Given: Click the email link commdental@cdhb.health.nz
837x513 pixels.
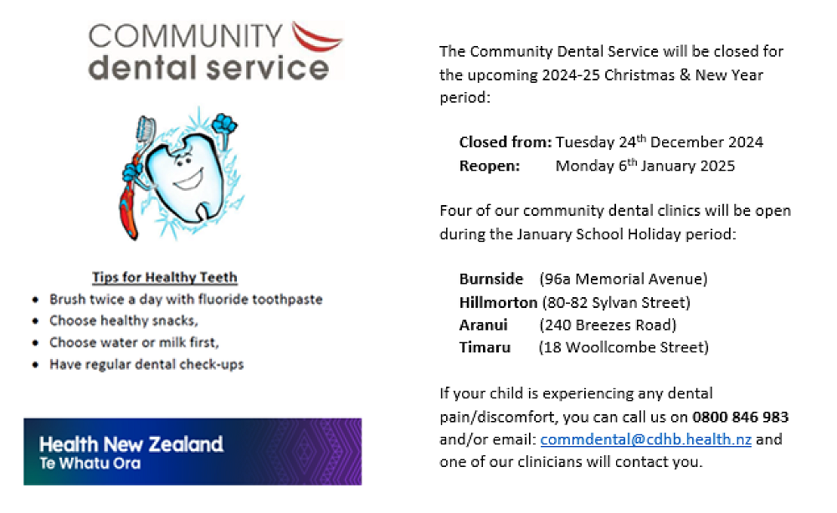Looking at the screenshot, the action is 646,439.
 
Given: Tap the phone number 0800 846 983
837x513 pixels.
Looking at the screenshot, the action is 741,417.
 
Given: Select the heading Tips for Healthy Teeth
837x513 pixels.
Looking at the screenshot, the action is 164,278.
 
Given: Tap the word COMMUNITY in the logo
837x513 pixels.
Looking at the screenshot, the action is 185,36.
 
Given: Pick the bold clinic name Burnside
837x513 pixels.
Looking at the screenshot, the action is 491,280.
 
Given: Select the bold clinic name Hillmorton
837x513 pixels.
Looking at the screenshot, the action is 498,303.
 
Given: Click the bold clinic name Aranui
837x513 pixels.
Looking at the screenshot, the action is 483,325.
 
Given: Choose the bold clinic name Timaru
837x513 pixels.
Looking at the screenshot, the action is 485,347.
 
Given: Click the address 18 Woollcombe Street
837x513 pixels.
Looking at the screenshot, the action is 624,347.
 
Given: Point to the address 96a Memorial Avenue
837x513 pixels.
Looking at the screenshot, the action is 624,280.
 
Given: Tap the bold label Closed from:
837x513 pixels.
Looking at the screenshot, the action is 506,142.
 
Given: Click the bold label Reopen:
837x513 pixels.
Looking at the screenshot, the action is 490,166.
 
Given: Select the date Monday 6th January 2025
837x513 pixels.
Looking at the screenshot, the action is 644,166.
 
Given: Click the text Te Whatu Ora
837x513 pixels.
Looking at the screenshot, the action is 90,464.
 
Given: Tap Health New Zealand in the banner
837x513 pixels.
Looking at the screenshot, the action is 131,444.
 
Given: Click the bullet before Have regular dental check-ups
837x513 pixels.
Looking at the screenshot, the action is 35,365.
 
